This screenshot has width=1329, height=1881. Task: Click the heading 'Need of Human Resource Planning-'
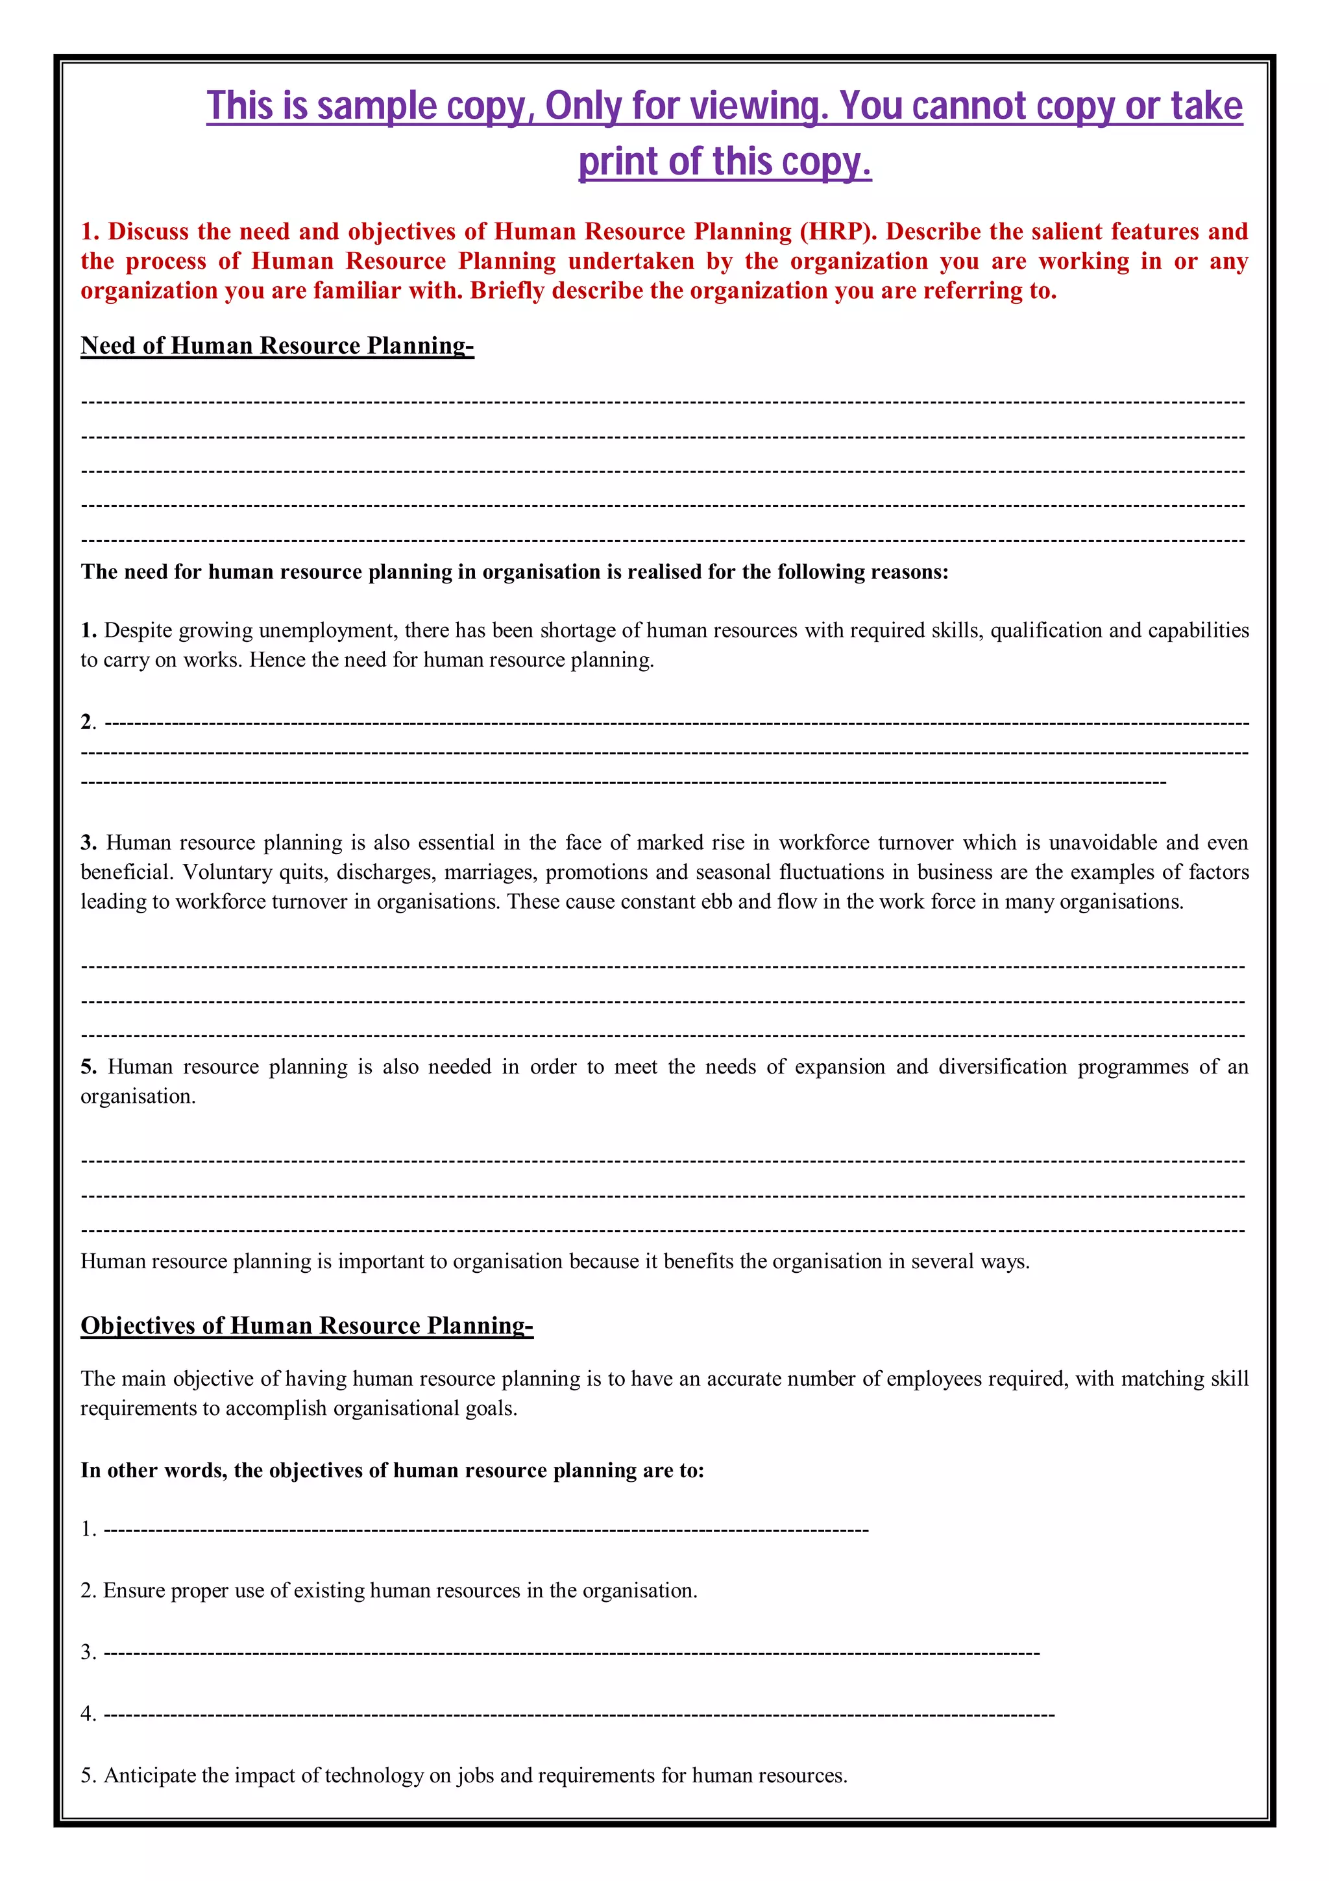coord(277,346)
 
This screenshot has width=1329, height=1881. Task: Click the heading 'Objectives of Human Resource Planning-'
coord(306,1325)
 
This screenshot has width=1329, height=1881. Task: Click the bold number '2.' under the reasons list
coord(88,722)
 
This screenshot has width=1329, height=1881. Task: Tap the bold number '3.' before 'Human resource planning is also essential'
coord(88,842)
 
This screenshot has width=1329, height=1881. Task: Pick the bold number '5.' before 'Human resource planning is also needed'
coord(88,1066)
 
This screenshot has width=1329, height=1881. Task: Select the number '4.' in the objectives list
coord(88,1714)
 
